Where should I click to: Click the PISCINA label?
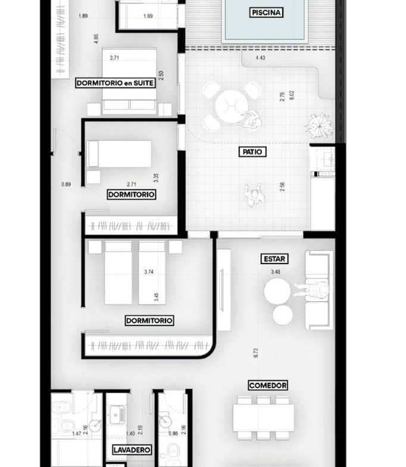(266, 12)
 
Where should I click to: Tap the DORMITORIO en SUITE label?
(115, 83)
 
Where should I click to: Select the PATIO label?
(252, 152)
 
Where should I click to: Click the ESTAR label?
(274, 259)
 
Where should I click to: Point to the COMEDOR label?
(268, 385)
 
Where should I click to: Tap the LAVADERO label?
(132, 450)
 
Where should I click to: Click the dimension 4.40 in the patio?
(260, 58)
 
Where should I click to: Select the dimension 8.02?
(292, 95)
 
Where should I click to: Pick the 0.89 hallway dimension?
(66, 184)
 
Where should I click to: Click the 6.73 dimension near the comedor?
(256, 353)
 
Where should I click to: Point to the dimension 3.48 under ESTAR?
(276, 272)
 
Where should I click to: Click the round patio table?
(232, 106)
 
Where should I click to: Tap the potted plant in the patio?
(319, 126)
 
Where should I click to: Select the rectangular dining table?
(264, 418)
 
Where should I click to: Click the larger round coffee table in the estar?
(277, 291)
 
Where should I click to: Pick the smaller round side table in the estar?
(283, 315)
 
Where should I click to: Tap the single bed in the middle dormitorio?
(119, 153)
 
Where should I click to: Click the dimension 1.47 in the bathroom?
(77, 433)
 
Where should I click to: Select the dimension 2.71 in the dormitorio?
(132, 184)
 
